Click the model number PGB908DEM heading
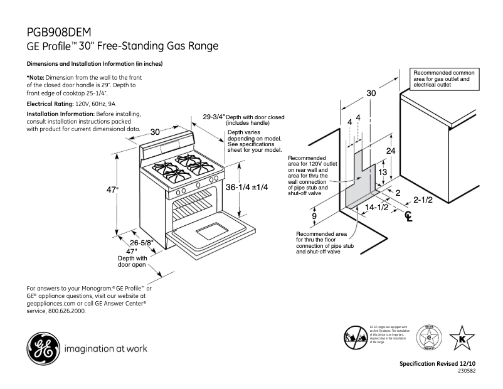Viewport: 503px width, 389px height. pyautogui.click(x=63, y=32)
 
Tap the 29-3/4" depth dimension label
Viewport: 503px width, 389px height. pyautogui.click(x=214, y=117)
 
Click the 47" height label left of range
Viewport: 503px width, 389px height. pyautogui.click(x=111, y=189)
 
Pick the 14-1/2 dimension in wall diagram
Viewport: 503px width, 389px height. pyautogui.click(x=377, y=207)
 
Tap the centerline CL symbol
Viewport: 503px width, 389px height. pyautogui.click(x=409, y=216)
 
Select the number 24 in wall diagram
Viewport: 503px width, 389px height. pyautogui.click(x=390, y=151)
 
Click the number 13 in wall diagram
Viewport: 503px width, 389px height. pyautogui.click(x=381, y=172)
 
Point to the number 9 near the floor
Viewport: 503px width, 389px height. pyautogui.click(x=314, y=216)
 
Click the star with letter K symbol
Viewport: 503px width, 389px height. pyautogui.click(x=463, y=339)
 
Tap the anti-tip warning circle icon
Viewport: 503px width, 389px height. pyautogui.click(x=355, y=338)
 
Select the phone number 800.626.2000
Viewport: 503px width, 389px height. pyautogui.click(x=66, y=310)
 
